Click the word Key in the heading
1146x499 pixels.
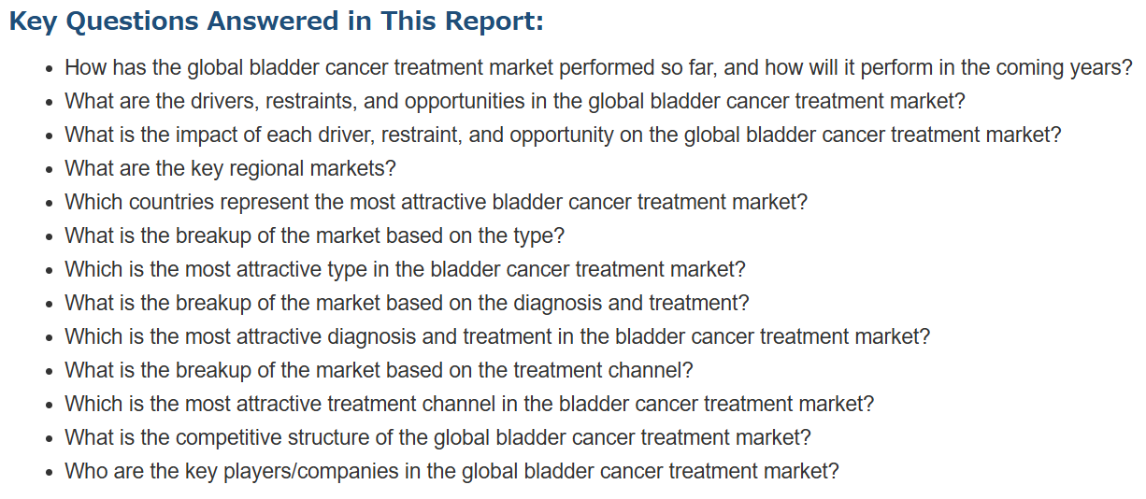[33, 22]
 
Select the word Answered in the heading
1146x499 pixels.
[272, 21]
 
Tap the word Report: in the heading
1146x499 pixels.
[494, 22]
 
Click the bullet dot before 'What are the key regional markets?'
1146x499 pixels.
[50, 170]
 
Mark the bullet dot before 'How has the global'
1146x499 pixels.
[50, 69]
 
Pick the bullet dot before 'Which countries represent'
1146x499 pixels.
[50, 204]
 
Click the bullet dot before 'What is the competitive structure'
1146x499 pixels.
[50, 438]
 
